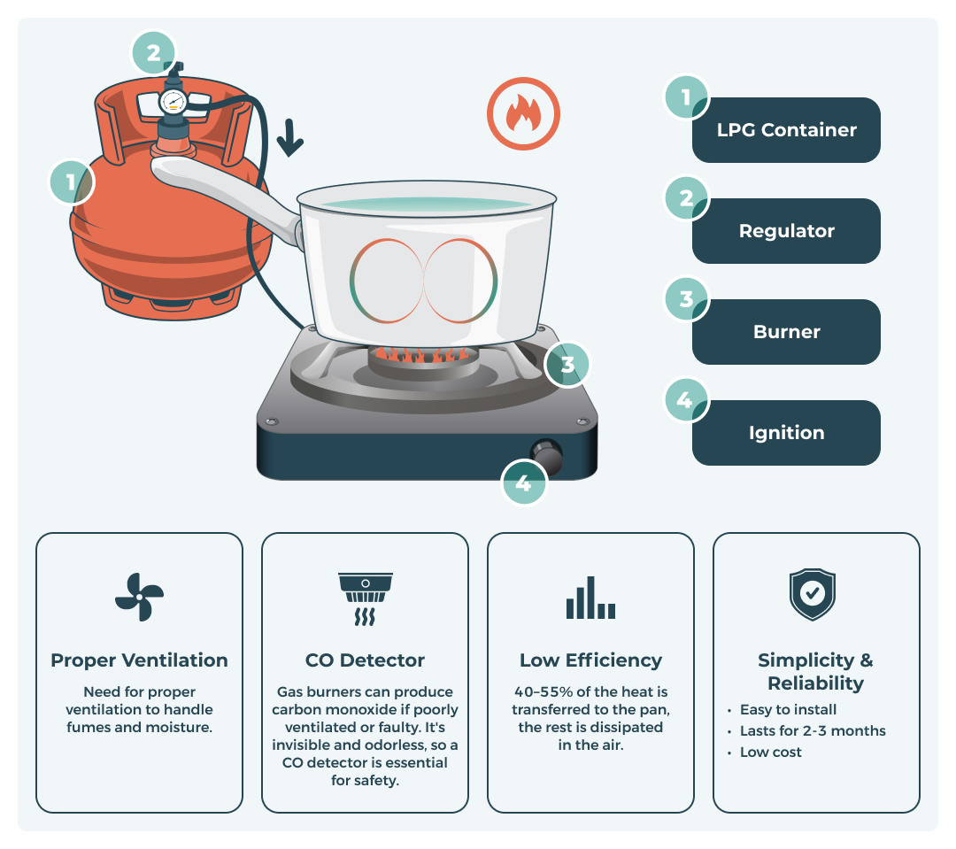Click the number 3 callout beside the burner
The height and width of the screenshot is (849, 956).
click(x=567, y=364)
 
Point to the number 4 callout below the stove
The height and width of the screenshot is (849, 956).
click(x=524, y=483)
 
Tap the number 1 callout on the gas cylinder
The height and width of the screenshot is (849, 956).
click(x=71, y=182)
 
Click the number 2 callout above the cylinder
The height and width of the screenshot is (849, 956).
click(x=154, y=52)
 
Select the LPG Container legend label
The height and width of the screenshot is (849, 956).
click(x=786, y=130)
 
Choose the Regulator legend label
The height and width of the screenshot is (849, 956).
click(x=786, y=231)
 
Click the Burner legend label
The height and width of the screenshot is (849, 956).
click(x=786, y=332)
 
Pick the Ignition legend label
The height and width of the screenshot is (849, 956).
click(x=786, y=433)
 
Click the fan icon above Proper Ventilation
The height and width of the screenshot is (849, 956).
click(x=139, y=597)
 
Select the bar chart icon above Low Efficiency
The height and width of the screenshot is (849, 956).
click(x=590, y=598)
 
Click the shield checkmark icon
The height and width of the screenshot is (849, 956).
click(x=813, y=595)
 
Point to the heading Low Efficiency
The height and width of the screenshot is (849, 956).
click(x=590, y=660)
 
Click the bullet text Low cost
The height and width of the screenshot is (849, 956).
click(x=770, y=752)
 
